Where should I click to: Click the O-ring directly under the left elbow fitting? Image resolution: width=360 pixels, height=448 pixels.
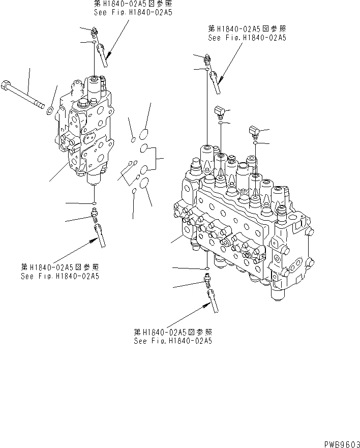pos(220,123)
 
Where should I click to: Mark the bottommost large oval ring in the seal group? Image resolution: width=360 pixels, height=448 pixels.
pos(144,183)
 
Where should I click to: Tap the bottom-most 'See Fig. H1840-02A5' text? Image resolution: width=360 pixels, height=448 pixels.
pos(172,341)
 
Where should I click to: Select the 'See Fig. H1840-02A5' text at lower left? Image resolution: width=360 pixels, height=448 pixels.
pos(59,276)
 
